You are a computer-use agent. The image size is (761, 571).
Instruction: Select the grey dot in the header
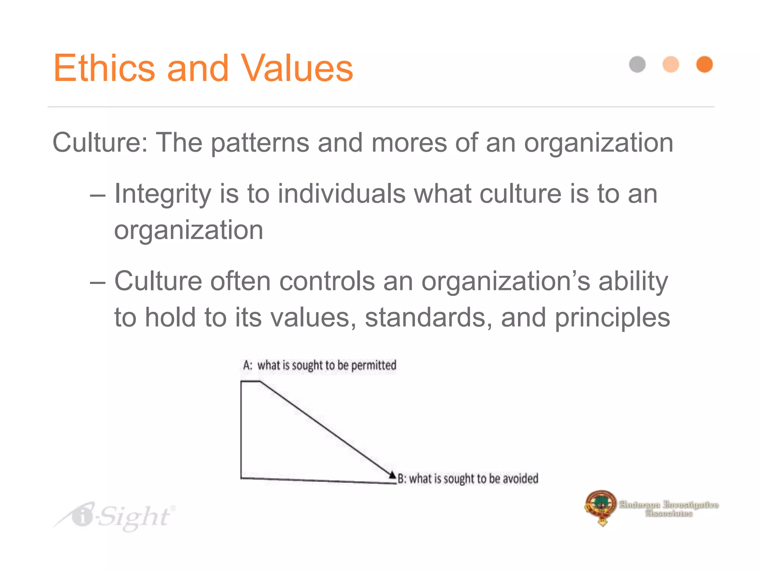coord(637,64)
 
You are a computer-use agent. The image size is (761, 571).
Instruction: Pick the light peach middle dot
coord(671,64)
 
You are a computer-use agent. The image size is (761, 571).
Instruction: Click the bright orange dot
coord(704,64)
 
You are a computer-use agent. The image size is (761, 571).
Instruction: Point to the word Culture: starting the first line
coord(100,142)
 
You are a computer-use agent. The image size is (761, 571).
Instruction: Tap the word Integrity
coord(163,194)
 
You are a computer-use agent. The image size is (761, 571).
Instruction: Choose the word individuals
coord(341,194)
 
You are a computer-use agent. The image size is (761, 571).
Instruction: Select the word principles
coord(612,318)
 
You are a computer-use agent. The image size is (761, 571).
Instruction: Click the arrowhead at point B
coord(392,474)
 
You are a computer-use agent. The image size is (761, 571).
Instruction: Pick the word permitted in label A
coord(373,365)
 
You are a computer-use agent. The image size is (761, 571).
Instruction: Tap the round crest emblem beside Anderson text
coord(600,506)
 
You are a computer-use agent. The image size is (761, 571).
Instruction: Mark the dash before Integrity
coord(98,195)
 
